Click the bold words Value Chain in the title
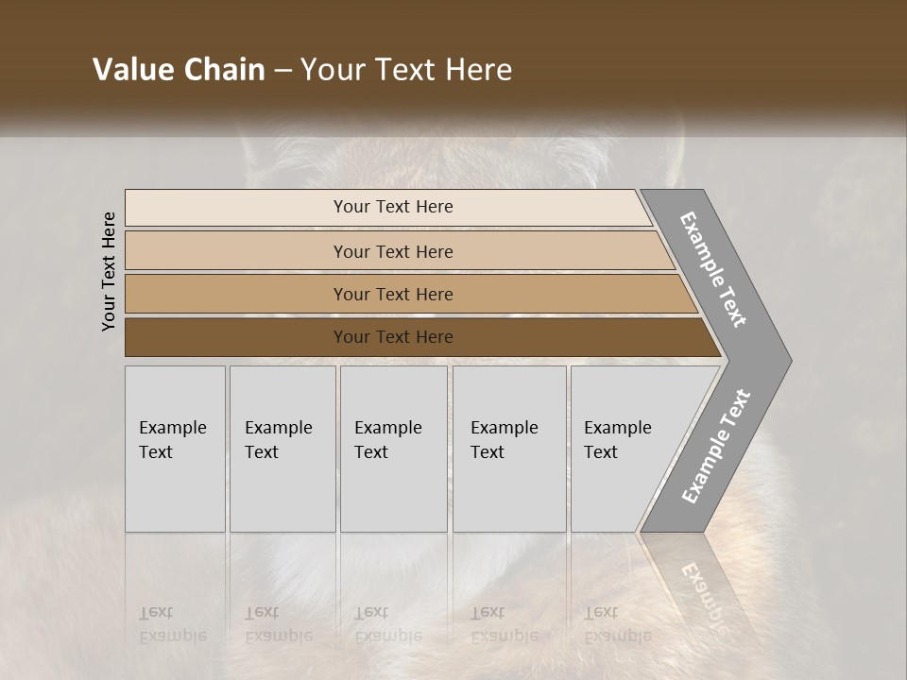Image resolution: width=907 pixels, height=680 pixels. point(179,70)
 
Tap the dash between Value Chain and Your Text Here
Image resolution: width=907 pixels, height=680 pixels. point(282,71)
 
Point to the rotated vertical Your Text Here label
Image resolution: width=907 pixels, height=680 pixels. point(109,271)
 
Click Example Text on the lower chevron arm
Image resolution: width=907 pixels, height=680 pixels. point(716,447)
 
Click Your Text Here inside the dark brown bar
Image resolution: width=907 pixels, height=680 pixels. point(393,337)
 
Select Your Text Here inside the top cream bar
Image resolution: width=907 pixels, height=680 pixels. point(393,207)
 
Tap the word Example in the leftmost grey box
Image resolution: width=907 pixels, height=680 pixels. point(172,428)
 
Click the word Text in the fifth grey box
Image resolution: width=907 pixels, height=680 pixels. point(601,452)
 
